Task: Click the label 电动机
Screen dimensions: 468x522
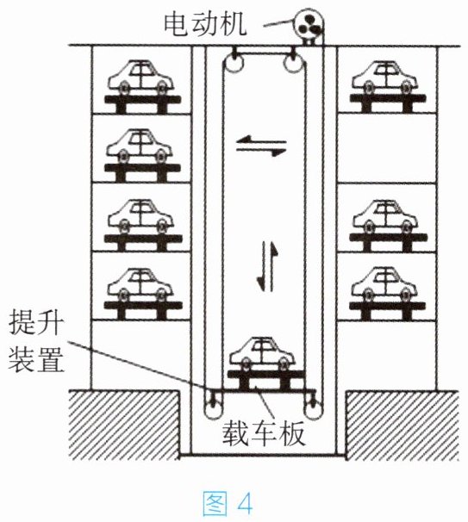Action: click(205, 24)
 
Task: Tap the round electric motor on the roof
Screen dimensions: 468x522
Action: click(309, 25)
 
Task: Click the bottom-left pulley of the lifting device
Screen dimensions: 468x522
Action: click(213, 407)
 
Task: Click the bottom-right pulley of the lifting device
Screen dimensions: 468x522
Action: click(313, 407)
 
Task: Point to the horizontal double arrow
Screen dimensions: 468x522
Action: click(261, 146)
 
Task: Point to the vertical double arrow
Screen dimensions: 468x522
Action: click(267, 266)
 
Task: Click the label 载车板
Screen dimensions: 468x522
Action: click(263, 433)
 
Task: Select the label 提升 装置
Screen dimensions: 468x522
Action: click(36, 340)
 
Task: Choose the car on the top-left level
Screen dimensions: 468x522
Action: click(140, 78)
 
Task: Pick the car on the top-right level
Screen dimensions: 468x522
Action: click(385, 78)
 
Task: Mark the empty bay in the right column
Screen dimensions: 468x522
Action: click(387, 148)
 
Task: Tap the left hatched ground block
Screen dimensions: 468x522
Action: click(124, 426)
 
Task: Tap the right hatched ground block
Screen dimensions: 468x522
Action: click(402, 426)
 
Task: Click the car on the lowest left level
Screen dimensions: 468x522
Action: click(140, 284)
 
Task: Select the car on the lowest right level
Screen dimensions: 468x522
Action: click(385, 284)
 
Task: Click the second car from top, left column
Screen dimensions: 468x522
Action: click(140, 146)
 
